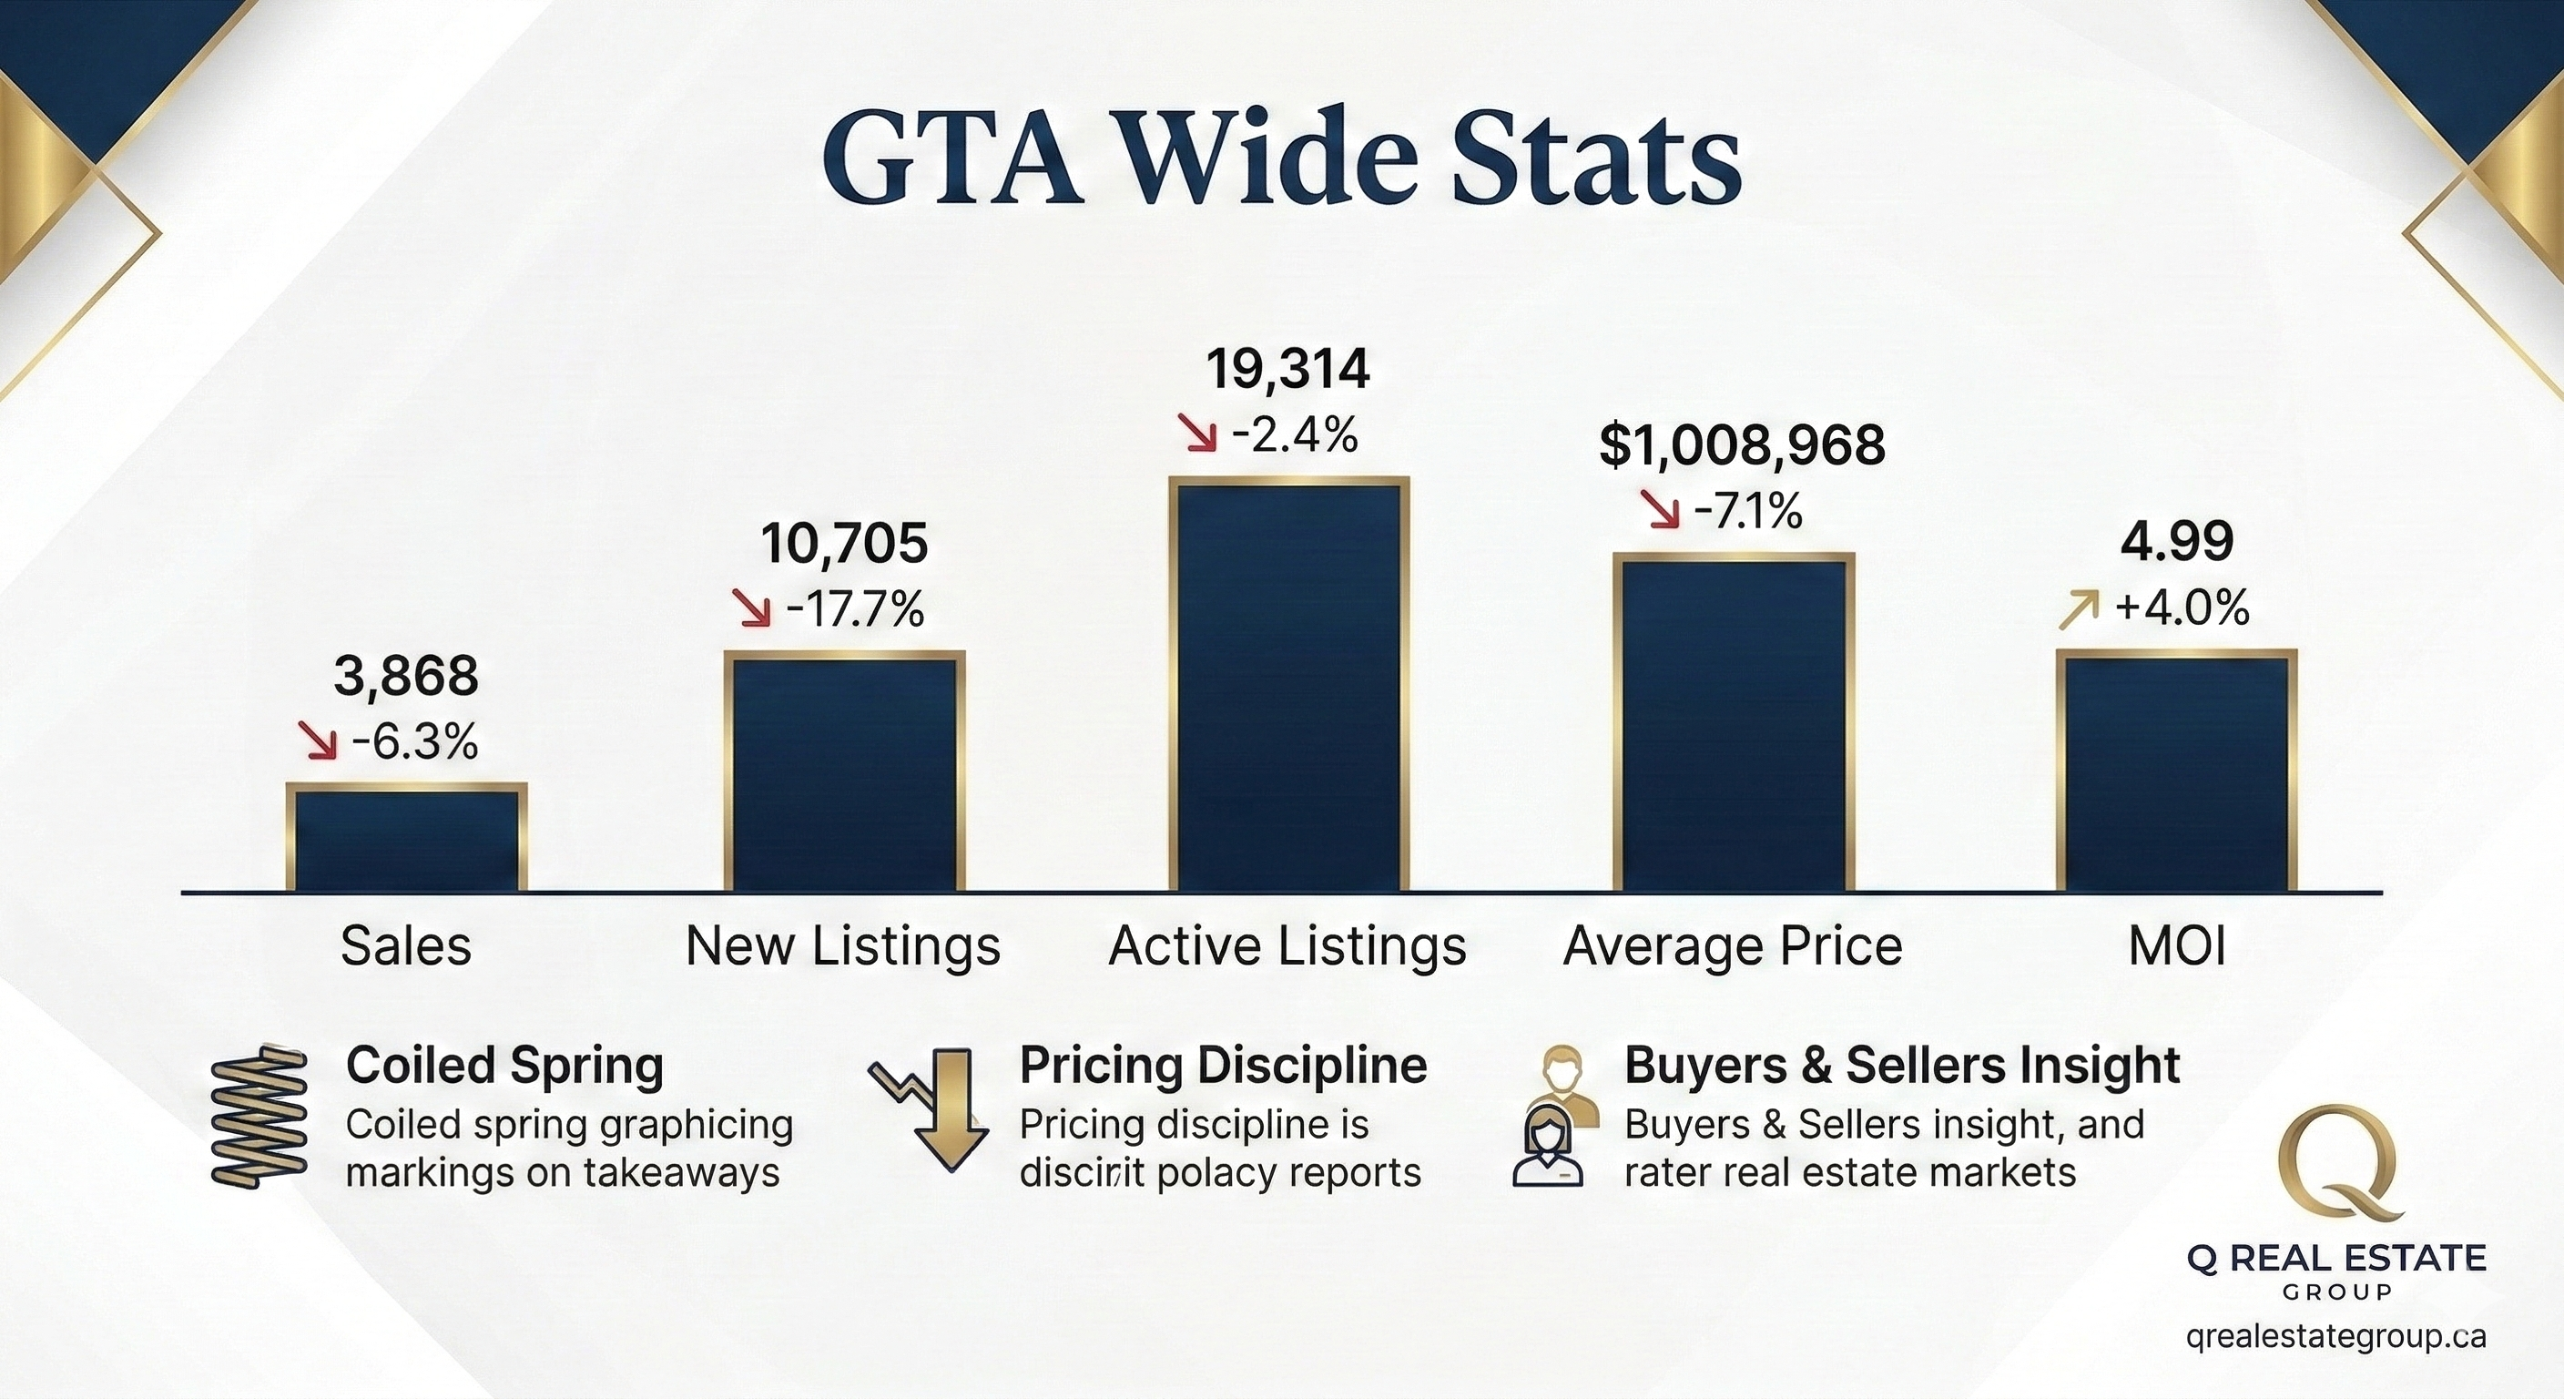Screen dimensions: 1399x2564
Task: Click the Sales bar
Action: click(x=406, y=836)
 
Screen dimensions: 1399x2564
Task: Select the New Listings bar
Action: click(x=844, y=771)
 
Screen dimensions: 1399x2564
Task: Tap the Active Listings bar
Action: click(x=1289, y=685)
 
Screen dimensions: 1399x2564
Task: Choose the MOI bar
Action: click(x=2177, y=771)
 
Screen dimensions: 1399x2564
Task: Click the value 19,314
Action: click(x=1288, y=371)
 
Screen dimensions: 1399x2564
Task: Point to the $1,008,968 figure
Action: click(x=1742, y=446)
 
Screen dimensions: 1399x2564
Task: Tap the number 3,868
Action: click(x=406, y=677)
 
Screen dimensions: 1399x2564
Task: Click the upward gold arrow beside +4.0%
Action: click(x=2079, y=609)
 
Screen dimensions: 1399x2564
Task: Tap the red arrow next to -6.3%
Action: click(x=319, y=741)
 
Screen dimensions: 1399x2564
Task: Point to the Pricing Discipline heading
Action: click(x=1222, y=1066)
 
